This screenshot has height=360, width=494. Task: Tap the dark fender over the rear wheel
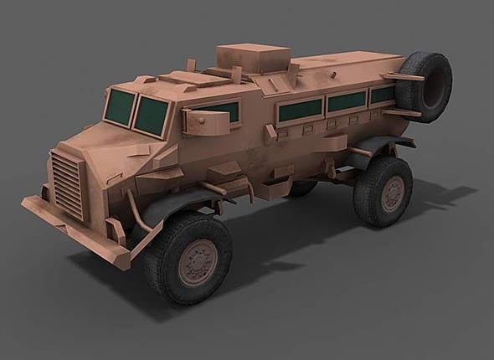[368, 151]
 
